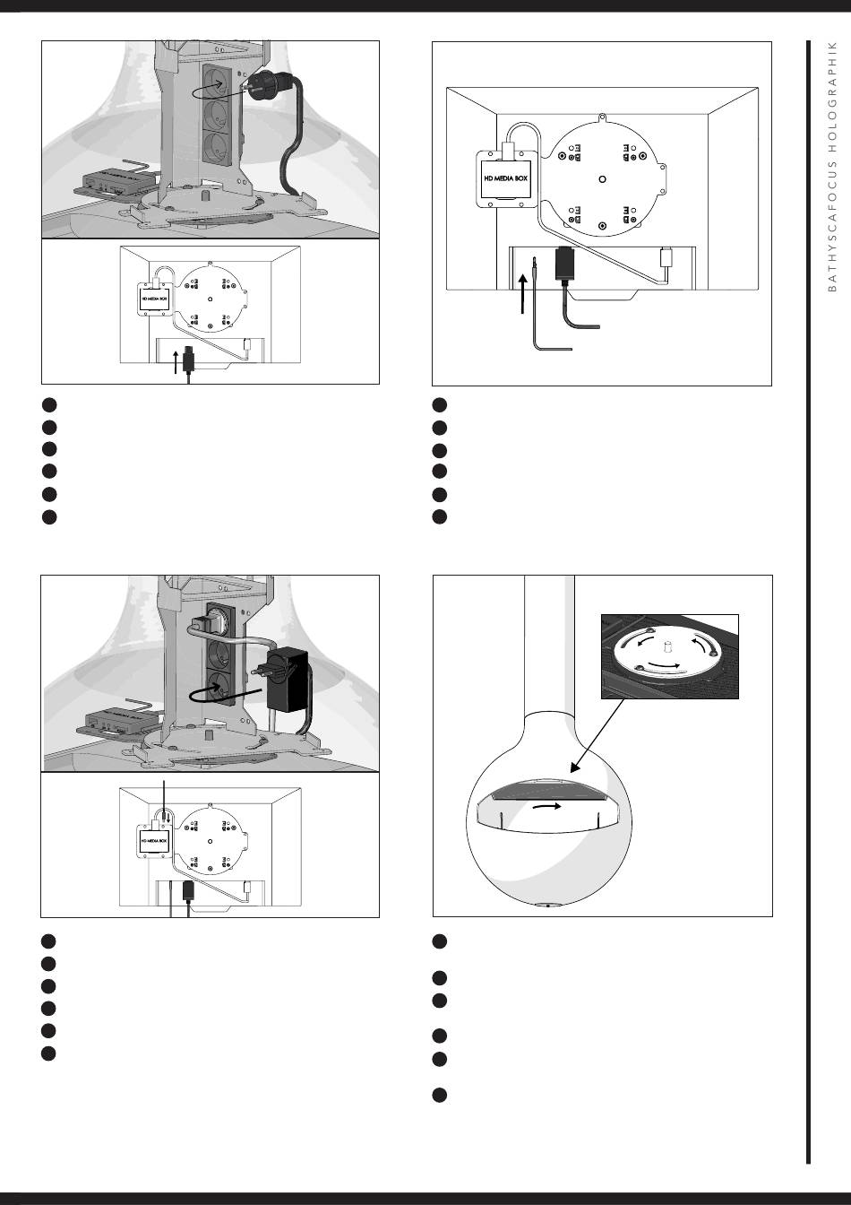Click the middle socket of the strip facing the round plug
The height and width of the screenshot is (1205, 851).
click(x=216, y=114)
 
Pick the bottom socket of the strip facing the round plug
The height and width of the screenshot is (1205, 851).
click(x=216, y=146)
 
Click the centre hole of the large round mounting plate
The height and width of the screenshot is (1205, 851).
click(x=602, y=179)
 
